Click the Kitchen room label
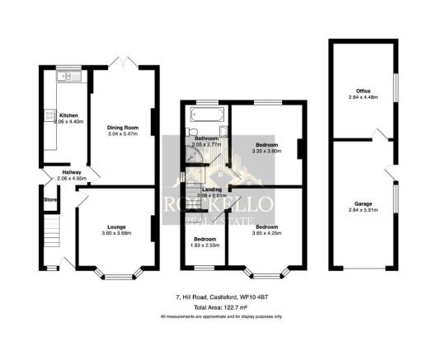point(68,115)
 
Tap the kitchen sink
point(65,77)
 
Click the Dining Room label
point(121,128)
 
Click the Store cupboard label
point(50,199)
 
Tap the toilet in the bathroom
point(192,132)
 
